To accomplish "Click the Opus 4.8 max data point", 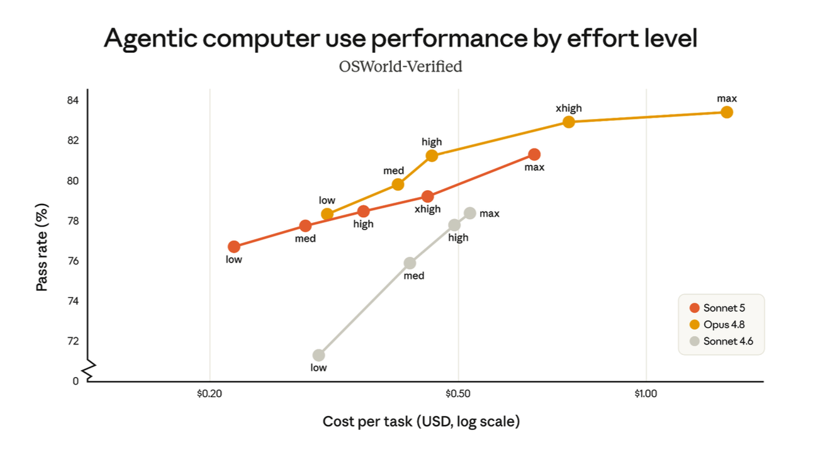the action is (726, 113).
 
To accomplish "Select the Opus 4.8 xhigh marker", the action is (568, 122).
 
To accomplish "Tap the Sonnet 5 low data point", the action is (234, 247).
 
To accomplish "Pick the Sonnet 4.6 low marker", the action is (318, 356).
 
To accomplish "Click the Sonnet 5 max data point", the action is (534, 154).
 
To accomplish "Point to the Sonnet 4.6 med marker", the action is (410, 263).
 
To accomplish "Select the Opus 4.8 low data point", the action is (327, 214).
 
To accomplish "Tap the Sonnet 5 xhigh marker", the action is (427, 196).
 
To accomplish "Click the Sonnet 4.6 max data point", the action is (470, 213).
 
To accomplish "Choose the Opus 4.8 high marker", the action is (432, 156).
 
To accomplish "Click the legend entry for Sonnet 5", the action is (717, 308).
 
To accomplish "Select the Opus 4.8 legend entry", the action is (717, 324).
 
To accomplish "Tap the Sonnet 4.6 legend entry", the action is (721, 341).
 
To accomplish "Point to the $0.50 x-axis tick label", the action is (458, 393).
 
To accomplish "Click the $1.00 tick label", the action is (646, 393).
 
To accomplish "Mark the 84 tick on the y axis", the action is (73, 100).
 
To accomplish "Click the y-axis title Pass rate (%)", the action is (42, 247).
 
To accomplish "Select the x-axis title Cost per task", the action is (421, 422).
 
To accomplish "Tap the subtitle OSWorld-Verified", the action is (400, 67).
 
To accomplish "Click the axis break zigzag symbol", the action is (89, 370).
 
